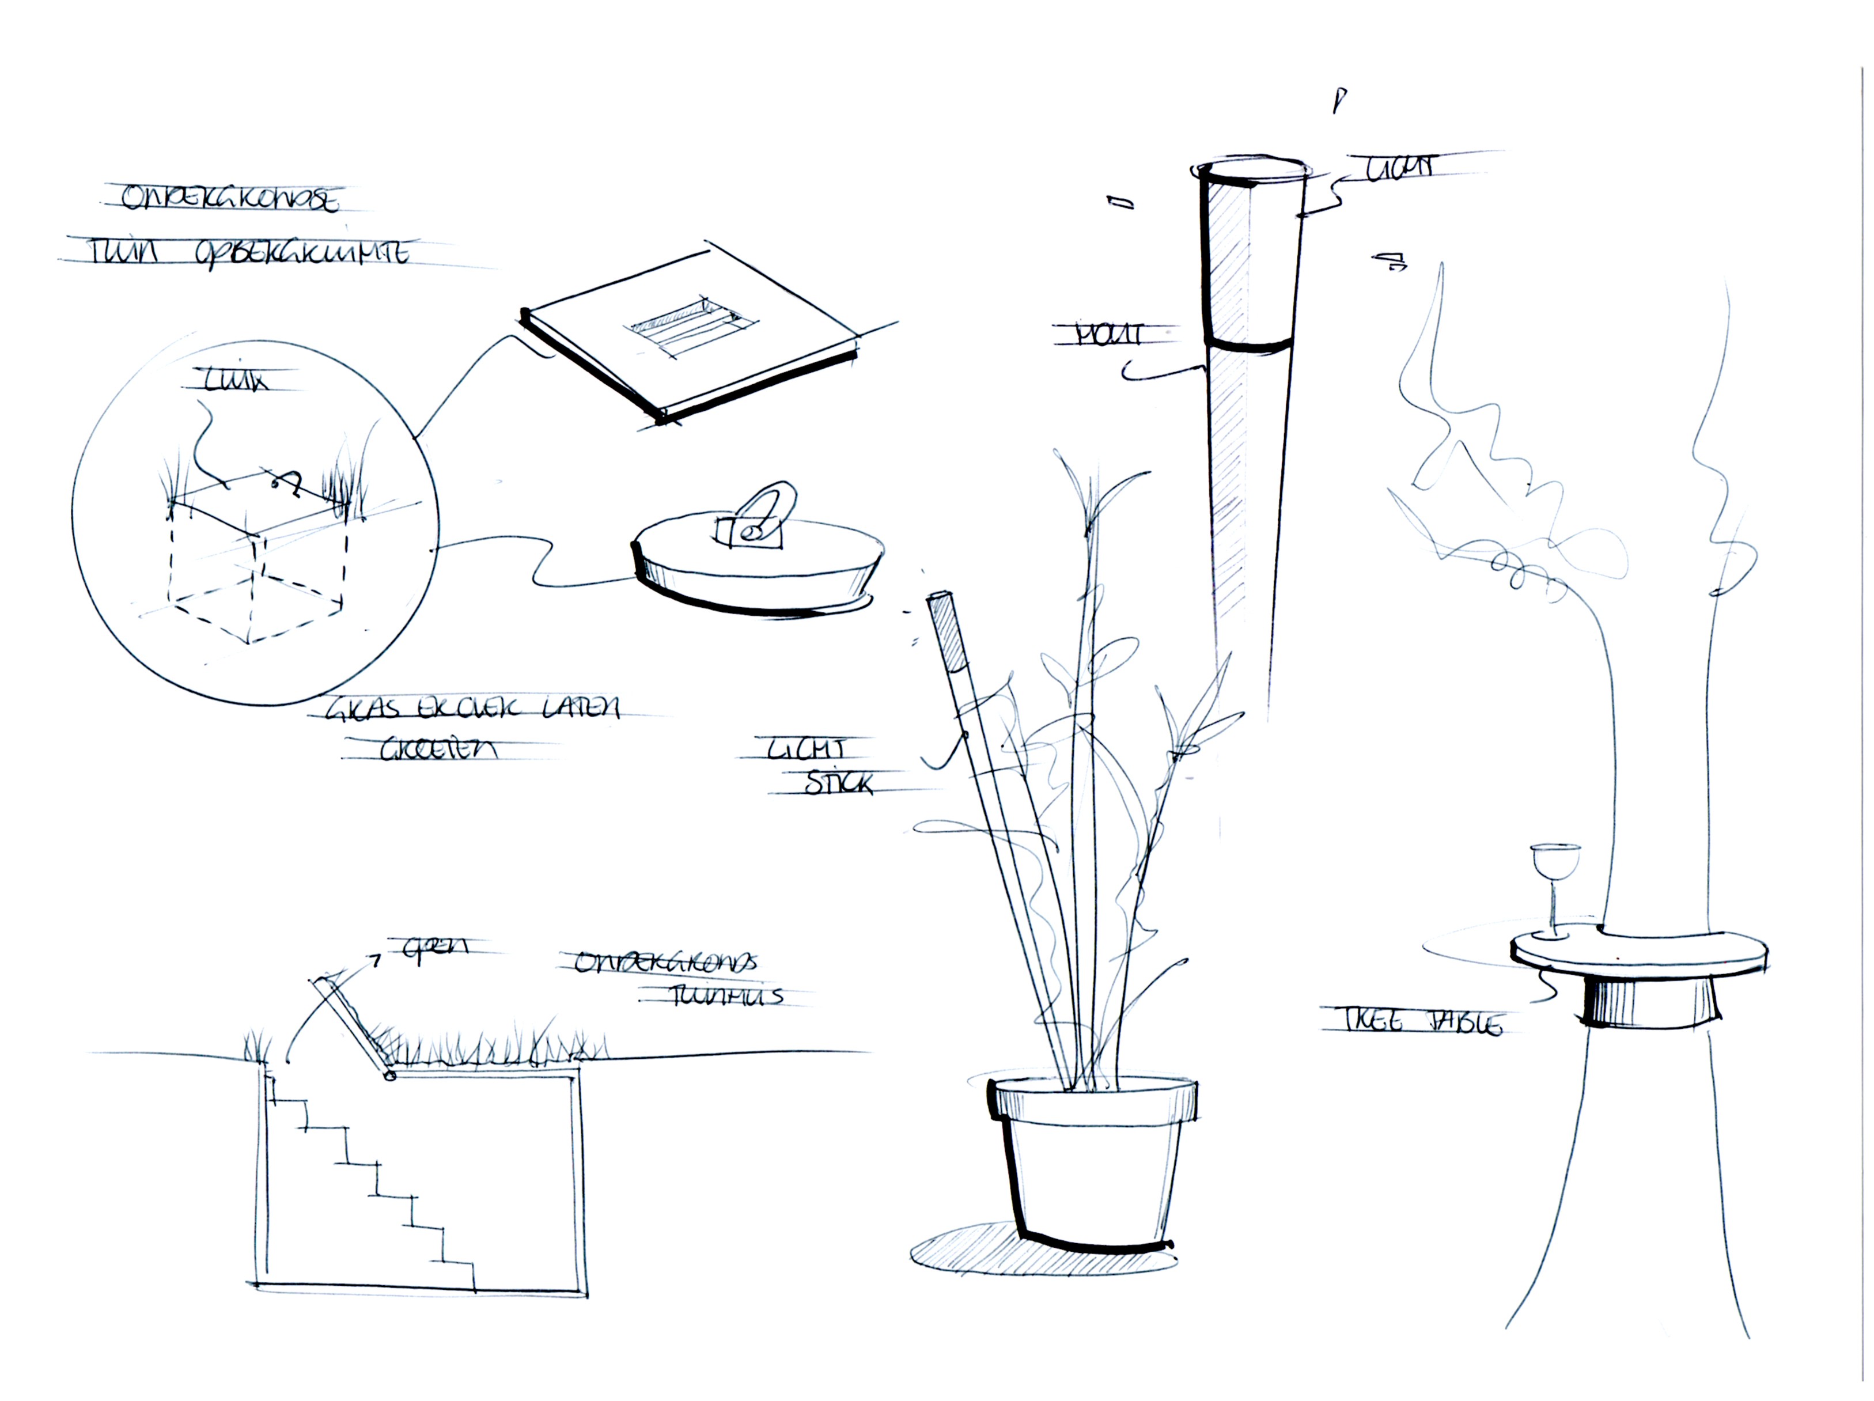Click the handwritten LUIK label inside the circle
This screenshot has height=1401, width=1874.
coord(236,381)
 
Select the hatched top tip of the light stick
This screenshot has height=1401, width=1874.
coord(947,631)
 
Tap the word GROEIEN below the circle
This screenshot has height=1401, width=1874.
coord(438,749)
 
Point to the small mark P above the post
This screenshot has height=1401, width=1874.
coord(1339,100)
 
